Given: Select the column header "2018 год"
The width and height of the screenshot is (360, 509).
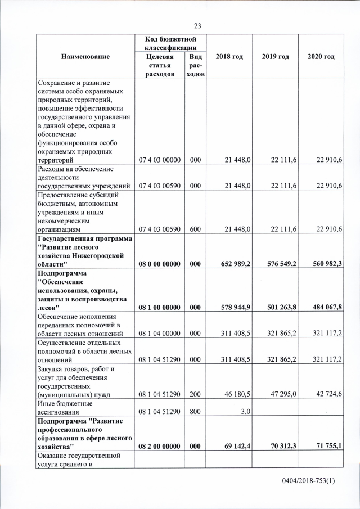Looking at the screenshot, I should click(229, 57).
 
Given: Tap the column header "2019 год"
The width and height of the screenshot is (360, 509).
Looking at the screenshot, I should click(275, 57).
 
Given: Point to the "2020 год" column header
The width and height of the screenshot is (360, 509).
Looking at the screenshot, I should click(321, 57).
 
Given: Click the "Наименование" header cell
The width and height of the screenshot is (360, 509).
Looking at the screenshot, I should click(86, 57).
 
